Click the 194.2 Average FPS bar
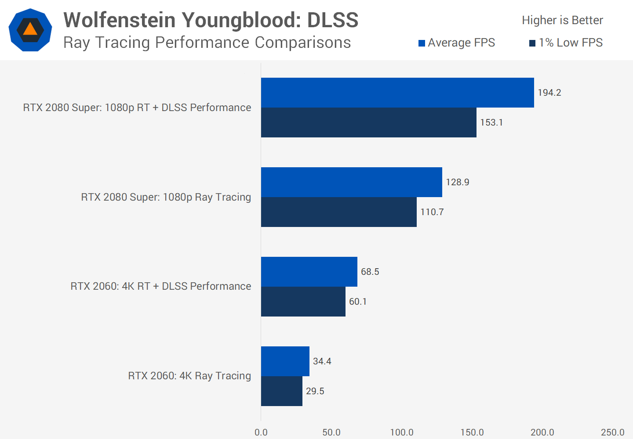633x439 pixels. pyautogui.click(x=397, y=93)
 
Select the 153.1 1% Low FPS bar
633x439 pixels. pyautogui.click(x=368, y=122)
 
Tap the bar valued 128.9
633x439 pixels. pyautogui.click(x=352, y=182)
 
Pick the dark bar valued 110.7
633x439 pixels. pyautogui.click(x=338, y=212)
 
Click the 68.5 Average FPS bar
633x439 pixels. pyautogui.click(x=309, y=272)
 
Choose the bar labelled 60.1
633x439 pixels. pyautogui.click(x=303, y=302)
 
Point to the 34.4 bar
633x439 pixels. pyautogui.click(x=285, y=361)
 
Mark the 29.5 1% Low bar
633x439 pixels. pyautogui.click(x=281, y=391)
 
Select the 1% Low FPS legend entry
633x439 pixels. pyautogui.click(x=566, y=43)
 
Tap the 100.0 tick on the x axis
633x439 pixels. pyautogui.click(x=402, y=432)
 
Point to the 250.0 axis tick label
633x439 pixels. pyautogui.click(x=612, y=432)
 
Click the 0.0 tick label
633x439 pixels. pyautogui.click(x=261, y=432)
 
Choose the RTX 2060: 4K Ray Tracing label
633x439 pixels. pyautogui.click(x=189, y=376)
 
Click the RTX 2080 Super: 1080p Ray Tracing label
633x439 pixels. pyautogui.click(x=166, y=197)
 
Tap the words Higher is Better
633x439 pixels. pyautogui.click(x=562, y=20)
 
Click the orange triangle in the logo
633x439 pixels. pyautogui.click(x=30, y=29)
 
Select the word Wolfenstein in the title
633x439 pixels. pyautogui.click(x=119, y=20)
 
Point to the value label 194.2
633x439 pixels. pyautogui.click(x=549, y=93)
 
